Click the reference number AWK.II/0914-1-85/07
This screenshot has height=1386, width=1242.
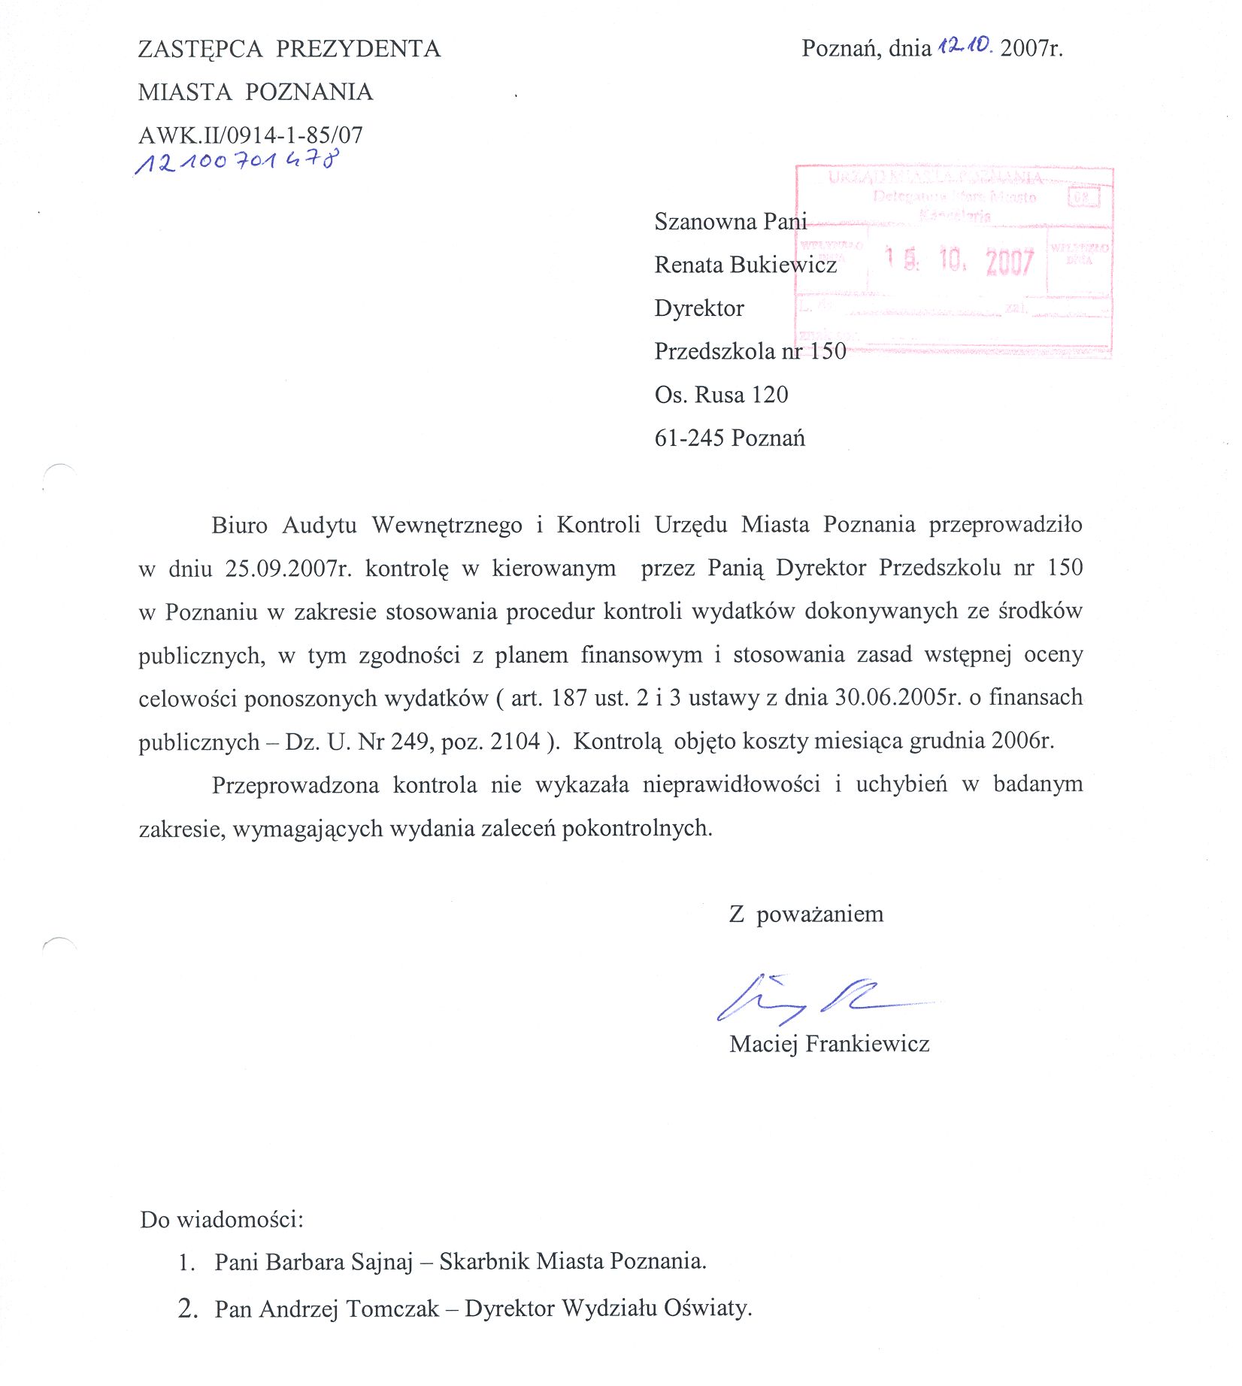coord(250,135)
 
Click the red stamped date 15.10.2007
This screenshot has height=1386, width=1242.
coord(959,261)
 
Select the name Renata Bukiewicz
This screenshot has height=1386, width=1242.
coord(745,265)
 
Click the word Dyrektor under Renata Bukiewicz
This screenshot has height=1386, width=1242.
coord(699,308)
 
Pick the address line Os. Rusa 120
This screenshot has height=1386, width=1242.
coord(721,395)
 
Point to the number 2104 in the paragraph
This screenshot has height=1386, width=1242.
coord(515,742)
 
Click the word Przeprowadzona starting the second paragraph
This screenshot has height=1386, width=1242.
coord(295,785)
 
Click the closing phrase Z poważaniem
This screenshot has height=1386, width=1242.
coord(806,914)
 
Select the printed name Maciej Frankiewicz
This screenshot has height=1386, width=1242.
coord(829,1044)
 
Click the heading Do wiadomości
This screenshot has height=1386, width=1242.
coord(221,1219)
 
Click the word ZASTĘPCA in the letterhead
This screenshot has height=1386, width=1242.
coord(200,49)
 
